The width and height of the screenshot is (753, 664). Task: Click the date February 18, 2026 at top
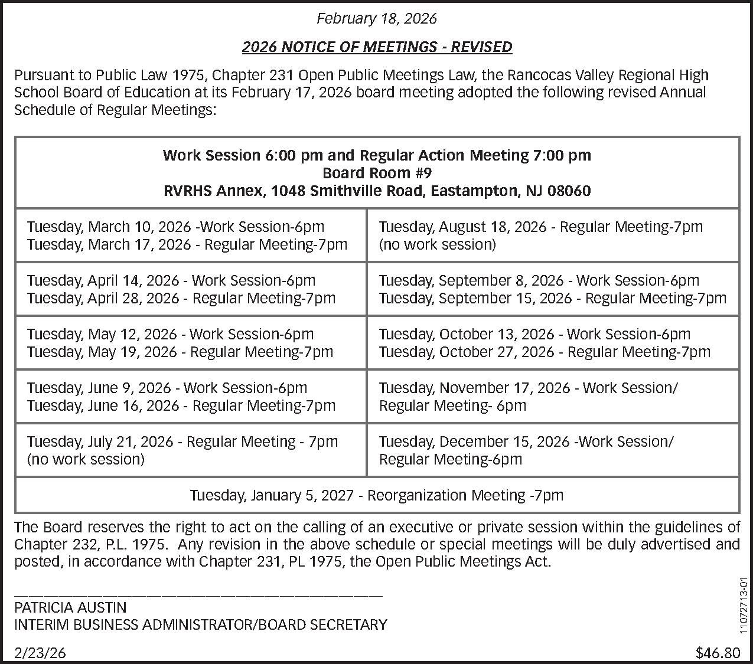[376, 18]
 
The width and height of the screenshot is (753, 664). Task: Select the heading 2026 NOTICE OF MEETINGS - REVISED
[376, 47]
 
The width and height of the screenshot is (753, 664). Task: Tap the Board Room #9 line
[377, 173]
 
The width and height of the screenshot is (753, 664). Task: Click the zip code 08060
[569, 191]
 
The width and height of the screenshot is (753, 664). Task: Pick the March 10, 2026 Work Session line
[175, 227]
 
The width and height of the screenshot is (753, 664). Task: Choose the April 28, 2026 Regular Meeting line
[181, 298]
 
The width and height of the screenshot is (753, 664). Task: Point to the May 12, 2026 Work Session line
[170, 334]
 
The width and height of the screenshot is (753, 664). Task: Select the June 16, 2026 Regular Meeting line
[181, 405]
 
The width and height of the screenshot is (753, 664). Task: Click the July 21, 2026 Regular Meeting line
[182, 441]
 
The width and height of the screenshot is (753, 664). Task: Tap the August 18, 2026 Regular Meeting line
[540, 227]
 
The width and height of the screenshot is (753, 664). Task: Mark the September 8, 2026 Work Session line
[539, 280]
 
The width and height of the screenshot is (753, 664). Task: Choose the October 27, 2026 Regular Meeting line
[545, 352]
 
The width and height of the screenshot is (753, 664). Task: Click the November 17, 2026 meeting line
[528, 388]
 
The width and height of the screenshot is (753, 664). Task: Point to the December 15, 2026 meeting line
[526, 441]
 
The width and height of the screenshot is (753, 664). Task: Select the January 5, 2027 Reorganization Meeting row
[376, 495]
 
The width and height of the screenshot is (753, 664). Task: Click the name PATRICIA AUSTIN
[70, 607]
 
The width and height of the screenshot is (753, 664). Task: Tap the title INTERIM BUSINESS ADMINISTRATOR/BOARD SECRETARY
[201, 624]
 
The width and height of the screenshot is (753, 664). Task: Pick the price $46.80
[718, 653]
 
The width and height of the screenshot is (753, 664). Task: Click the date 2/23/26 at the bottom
[40, 653]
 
